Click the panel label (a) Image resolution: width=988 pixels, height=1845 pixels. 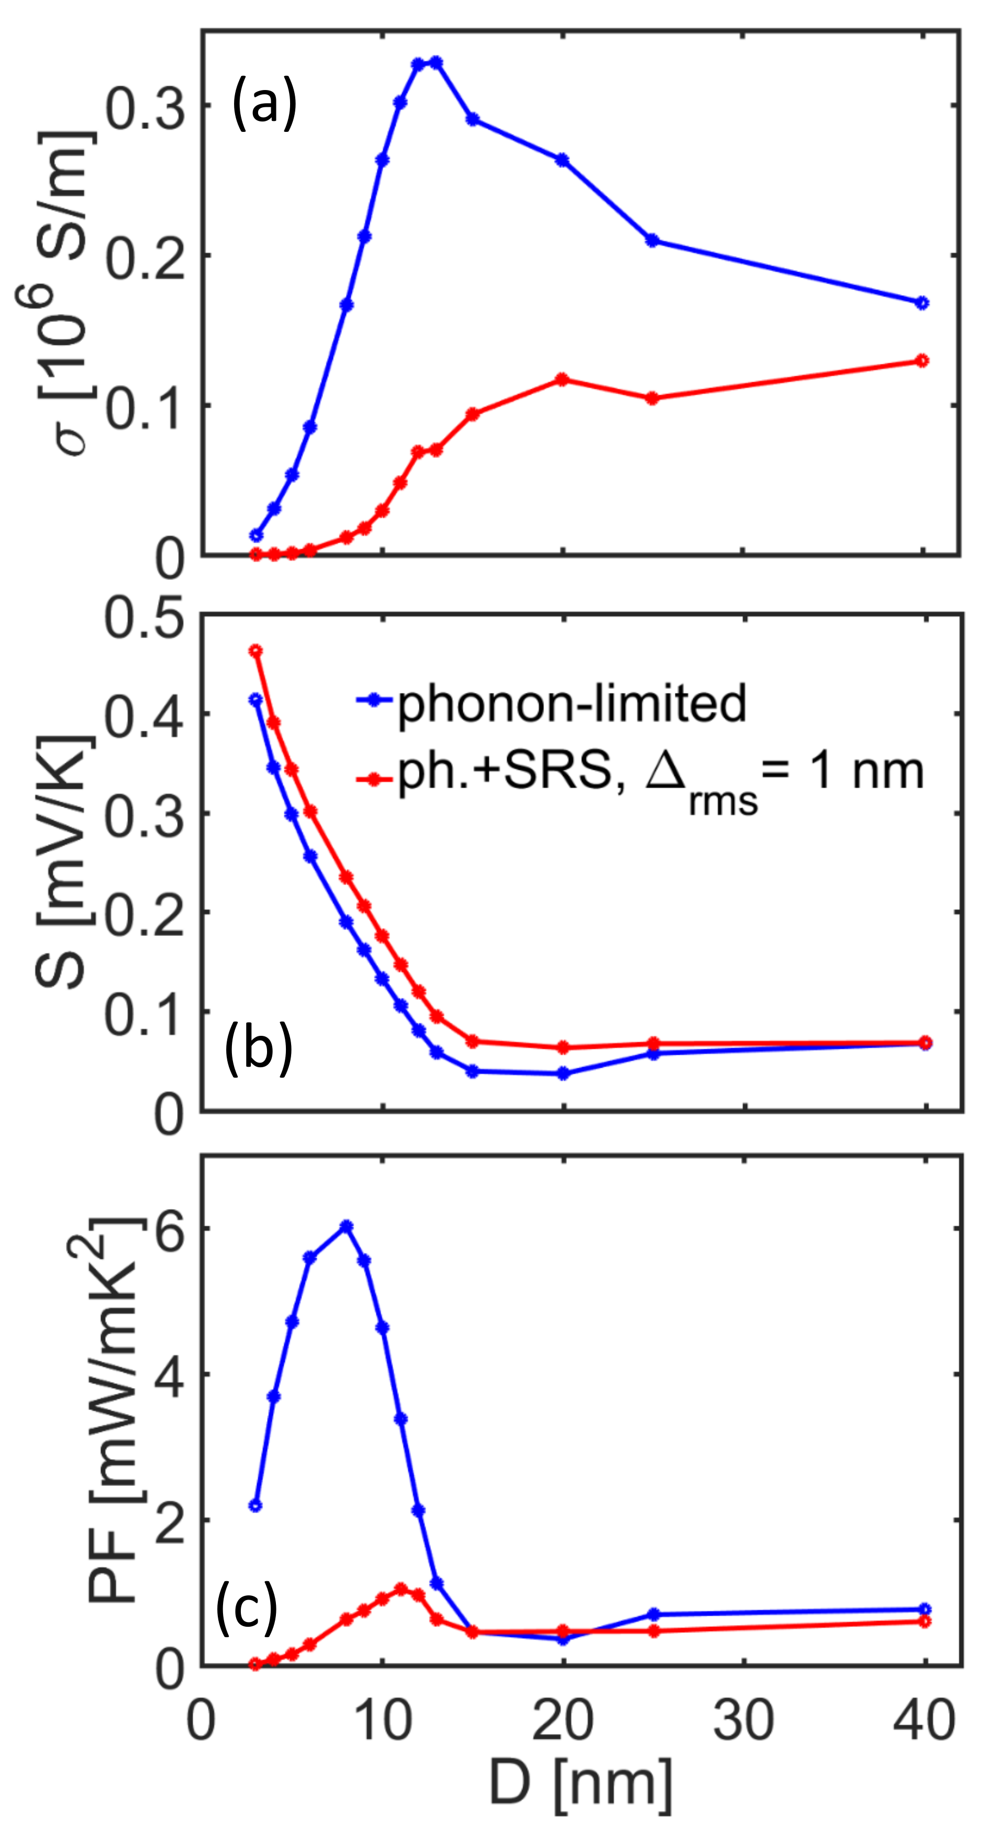[264, 105]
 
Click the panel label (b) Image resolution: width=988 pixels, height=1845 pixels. [259, 1048]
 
